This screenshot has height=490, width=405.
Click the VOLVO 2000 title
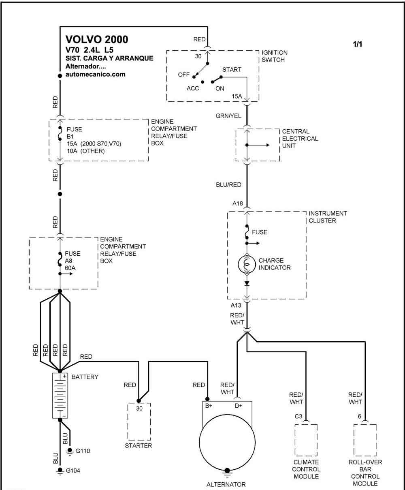pyautogui.click(x=97, y=39)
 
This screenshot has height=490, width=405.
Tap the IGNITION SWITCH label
pyautogui.click(x=274, y=56)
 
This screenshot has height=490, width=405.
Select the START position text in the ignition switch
pyautogui.click(x=232, y=70)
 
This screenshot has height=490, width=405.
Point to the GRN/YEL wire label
pyautogui.click(x=228, y=116)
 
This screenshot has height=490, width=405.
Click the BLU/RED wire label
pyautogui.click(x=229, y=185)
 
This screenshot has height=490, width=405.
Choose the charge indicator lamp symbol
pyautogui.click(x=247, y=264)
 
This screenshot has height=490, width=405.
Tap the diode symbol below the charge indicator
pyautogui.click(x=247, y=283)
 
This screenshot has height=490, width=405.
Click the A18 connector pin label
pyautogui.click(x=238, y=203)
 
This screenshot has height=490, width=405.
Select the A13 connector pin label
pyautogui.click(x=236, y=305)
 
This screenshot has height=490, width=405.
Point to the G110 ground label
pyautogui.click(x=83, y=451)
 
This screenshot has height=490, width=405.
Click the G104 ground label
pyautogui.click(x=73, y=471)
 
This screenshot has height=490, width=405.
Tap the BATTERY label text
pyautogui.click(x=85, y=377)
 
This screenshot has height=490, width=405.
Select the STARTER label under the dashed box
pyautogui.click(x=139, y=446)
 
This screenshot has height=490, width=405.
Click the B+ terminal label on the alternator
pyautogui.click(x=209, y=406)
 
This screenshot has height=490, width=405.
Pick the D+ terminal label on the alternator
pyautogui.click(x=239, y=406)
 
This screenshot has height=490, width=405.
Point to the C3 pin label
pyautogui.click(x=298, y=416)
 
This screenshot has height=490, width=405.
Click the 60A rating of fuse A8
pyautogui.click(x=70, y=268)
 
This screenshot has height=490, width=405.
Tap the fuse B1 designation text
pyautogui.click(x=70, y=137)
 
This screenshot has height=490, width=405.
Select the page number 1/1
pyautogui.click(x=357, y=44)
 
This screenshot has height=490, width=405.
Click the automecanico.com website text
pyautogui.click(x=96, y=75)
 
